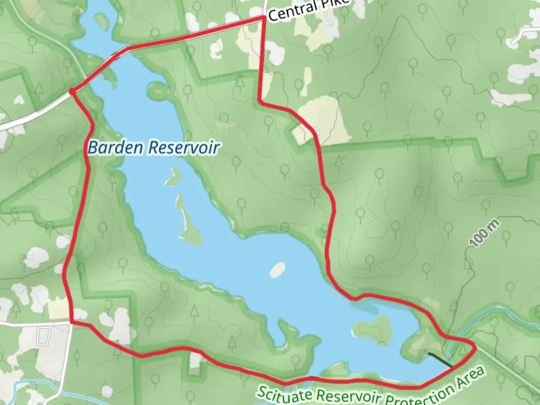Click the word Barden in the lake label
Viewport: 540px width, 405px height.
(115, 148)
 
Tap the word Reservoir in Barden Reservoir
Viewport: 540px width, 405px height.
(183, 148)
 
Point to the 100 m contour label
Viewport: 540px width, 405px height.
(485, 234)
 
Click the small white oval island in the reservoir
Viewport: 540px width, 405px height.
(277, 269)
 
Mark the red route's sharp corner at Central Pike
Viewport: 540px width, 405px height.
(264, 18)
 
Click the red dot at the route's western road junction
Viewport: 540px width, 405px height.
(72, 91)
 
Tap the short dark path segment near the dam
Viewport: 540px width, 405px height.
(439, 359)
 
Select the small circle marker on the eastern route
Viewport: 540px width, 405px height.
(316, 131)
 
